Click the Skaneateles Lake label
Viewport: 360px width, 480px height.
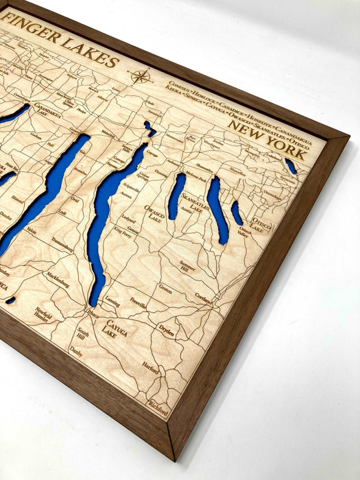(193, 203)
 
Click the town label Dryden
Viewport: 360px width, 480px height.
(167, 328)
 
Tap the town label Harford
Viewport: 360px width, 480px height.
(151, 368)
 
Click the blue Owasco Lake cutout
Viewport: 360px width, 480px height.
(176, 196)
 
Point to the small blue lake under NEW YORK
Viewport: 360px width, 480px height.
(291, 167)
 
